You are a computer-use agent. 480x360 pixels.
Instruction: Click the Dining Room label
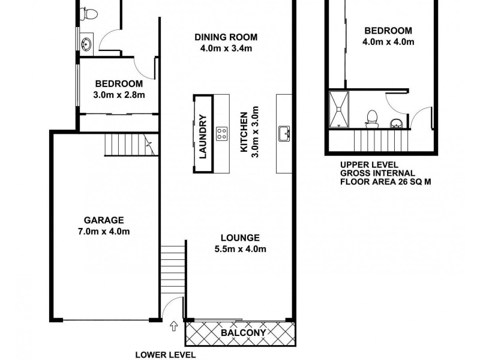point(223,37)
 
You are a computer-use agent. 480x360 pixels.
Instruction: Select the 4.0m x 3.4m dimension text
point(223,49)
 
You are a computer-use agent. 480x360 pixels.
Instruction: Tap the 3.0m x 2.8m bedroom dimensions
point(119,94)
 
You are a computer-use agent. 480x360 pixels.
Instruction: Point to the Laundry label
point(203,136)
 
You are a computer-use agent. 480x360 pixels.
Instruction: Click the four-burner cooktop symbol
point(222,133)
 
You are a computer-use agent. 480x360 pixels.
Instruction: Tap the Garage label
point(104,220)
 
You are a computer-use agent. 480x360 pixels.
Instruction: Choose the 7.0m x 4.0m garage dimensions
point(104,231)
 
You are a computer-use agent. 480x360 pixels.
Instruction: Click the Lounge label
point(239,238)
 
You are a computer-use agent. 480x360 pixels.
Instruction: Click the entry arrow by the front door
point(174,326)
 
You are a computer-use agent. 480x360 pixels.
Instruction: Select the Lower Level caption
point(165,355)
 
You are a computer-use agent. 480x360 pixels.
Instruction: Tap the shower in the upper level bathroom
point(340,109)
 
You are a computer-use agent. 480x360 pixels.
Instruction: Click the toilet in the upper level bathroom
point(371,118)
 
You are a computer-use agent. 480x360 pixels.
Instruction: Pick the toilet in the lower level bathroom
point(91,12)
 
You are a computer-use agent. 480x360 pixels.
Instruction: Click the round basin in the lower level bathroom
point(86,43)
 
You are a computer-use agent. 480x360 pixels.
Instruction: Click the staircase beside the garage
point(129,145)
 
